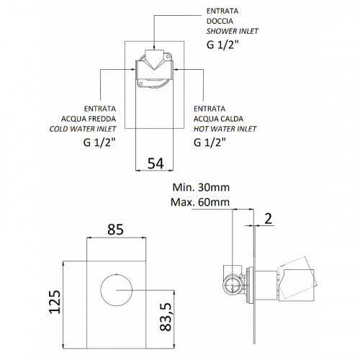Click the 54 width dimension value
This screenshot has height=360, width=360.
tap(156, 163)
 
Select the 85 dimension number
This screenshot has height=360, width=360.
tap(115, 230)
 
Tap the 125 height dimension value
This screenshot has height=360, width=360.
tap(55, 302)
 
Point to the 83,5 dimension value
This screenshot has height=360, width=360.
tap(166, 317)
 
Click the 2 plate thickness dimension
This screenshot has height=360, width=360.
tap(268, 219)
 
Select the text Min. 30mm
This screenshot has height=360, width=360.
tap(201, 187)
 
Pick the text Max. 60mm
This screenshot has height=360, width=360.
tap(200, 202)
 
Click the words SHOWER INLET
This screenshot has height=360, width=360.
tap(233, 31)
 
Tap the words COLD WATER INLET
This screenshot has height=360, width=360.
tap(83, 129)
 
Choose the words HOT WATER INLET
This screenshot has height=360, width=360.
tap(225, 129)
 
